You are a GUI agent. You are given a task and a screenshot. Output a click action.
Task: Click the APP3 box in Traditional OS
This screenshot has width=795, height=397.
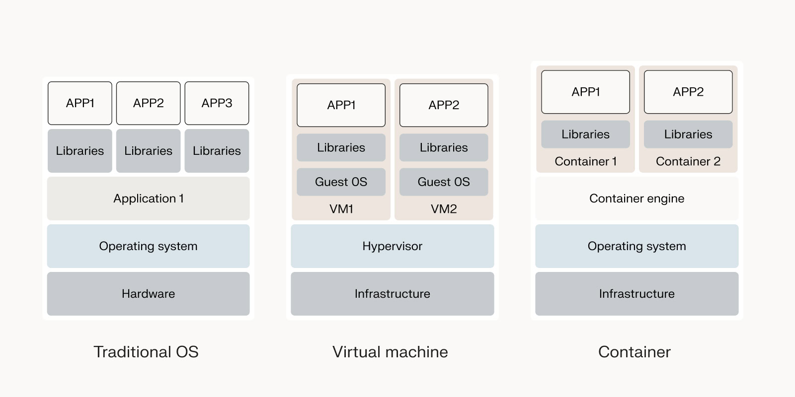click(217, 103)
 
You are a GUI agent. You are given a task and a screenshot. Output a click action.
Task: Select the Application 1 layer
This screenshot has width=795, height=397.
click(148, 198)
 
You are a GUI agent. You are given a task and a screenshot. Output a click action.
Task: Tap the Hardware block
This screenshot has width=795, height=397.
click(148, 294)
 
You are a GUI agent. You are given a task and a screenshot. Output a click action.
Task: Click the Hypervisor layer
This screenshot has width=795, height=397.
click(392, 246)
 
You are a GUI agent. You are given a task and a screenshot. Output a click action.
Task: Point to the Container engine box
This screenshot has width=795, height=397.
click(636, 198)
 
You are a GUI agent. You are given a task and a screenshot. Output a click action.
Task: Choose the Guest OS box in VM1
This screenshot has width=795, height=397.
click(341, 182)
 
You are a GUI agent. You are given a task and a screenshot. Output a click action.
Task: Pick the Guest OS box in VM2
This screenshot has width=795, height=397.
click(444, 182)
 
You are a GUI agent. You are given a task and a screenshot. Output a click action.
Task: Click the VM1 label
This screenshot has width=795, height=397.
click(341, 209)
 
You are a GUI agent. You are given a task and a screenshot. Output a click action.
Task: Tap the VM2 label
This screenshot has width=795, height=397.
click(444, 209)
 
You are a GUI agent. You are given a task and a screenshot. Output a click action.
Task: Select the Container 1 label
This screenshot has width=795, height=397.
click(585, 161)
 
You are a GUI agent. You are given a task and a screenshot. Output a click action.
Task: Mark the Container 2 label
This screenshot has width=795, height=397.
click(688, 161)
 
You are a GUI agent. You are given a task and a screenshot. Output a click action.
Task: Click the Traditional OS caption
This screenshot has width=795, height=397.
click(146, 352)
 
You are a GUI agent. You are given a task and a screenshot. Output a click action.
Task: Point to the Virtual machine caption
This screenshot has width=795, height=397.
click(390, 352)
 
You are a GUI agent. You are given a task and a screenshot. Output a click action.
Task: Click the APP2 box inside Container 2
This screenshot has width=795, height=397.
click(688, 92)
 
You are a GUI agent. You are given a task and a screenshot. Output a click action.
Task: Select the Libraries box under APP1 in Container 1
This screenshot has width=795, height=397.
click(585, 134)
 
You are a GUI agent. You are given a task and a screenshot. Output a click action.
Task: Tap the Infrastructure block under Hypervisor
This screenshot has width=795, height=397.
click(392, 294)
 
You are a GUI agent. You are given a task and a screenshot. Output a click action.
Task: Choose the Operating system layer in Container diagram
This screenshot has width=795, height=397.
click(636, 246)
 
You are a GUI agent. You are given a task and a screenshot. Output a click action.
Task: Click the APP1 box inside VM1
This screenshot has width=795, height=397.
click(341, 105)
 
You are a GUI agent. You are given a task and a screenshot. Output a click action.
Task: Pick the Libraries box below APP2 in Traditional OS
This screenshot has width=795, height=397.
click(148, 151)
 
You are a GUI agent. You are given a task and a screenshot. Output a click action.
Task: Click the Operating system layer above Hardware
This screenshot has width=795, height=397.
click(148, 246)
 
